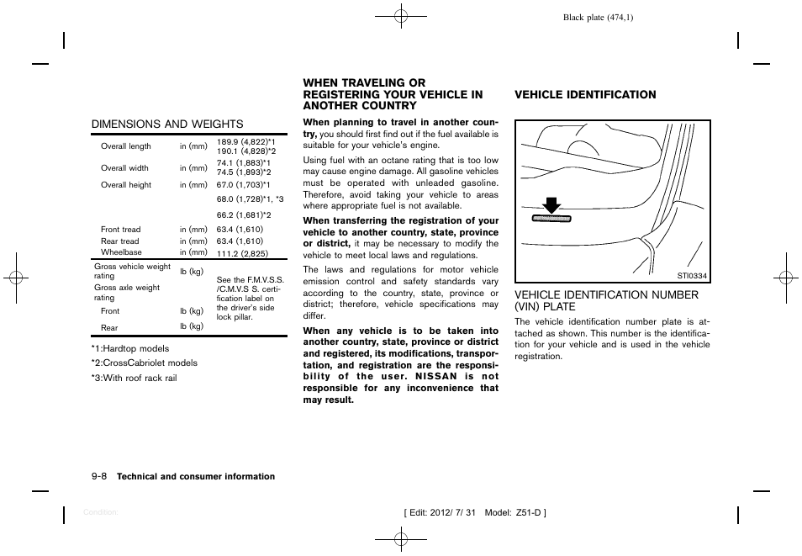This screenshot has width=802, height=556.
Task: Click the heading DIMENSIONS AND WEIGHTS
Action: [x=167, y=124]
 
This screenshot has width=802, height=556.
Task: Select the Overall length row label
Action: [x=126, y=146]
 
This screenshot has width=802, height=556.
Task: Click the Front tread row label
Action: [x=121, y=230]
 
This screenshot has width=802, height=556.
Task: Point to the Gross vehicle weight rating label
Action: [x=132, y=271]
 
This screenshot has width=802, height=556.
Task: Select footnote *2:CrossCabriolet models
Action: [x=145, y=363]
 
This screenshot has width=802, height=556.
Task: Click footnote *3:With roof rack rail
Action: [x=134, y=379]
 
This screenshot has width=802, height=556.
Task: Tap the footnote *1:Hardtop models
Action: [x=130, y=348]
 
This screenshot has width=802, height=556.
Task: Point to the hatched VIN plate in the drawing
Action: [x=551, y=218]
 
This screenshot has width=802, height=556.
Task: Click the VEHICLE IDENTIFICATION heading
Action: [x=585, y=95]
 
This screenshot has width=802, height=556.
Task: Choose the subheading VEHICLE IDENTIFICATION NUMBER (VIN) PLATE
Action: [x=606, y=300]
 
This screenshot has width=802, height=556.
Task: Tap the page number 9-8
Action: [x=98, y=476]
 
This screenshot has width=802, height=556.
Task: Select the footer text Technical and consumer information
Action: [x=196, y=477]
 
